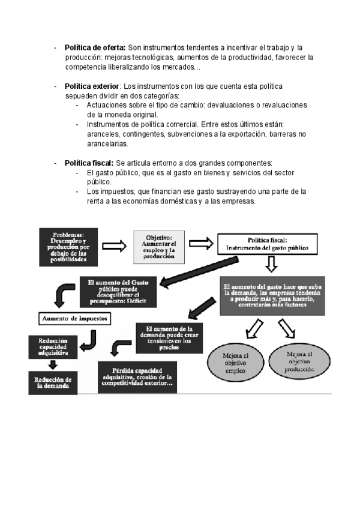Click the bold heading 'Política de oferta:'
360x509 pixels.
[x=95, y=47]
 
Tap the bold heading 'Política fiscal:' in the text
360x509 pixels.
[x=89, y=163]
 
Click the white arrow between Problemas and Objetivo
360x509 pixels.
[x=114, y=246]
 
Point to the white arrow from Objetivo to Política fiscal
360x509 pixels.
[x=202, y=243]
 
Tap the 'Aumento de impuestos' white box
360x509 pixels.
[x=75, y=318]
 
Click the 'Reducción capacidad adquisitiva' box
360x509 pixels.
[x=51, y=346]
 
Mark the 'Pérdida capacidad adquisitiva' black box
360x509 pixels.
[x=137, y=377]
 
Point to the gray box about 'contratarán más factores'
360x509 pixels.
[x=272, y=296]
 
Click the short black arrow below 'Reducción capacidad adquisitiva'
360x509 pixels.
[x=53, y=364]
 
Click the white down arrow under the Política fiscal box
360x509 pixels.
[x=271, y=264]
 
